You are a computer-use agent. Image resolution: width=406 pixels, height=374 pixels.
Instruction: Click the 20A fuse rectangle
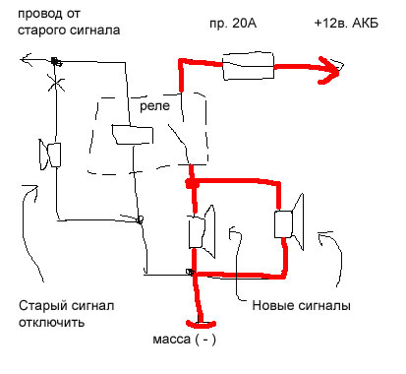tap(249, 66)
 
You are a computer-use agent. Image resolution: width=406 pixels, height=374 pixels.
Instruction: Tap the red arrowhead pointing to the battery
tap(329, 70)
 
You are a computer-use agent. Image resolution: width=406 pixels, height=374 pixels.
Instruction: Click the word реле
tap(154, 106)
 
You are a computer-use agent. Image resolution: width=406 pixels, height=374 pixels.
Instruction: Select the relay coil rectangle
tap(133, 135)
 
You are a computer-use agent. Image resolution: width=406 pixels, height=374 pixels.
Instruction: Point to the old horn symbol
tap(50, 155)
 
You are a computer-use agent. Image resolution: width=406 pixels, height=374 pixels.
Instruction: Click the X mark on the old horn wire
tap(56, 83)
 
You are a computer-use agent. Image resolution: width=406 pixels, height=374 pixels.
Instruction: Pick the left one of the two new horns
tap(202, 231)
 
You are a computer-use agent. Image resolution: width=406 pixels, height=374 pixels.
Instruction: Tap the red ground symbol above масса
tap(201, 324)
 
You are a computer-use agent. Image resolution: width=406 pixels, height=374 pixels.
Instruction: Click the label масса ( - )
tap(185, 340)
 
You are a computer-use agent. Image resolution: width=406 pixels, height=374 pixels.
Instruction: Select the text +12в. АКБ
tap(346, 24)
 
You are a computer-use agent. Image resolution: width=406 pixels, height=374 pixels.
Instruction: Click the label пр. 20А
tap(233, 24)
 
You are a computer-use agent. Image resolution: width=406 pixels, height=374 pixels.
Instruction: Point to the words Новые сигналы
tap(301, 305)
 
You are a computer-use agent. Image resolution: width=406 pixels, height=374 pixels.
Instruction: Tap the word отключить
tap(51, 323)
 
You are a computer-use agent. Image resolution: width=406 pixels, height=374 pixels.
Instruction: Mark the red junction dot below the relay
tap(192, 183)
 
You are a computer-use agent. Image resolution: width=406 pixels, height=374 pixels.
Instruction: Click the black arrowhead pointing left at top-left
tap(26, 59)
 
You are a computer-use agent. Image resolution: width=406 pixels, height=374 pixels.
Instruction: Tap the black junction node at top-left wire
tap(56, 61)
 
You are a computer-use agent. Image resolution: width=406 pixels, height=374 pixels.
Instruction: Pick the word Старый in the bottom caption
tap(41, 306)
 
